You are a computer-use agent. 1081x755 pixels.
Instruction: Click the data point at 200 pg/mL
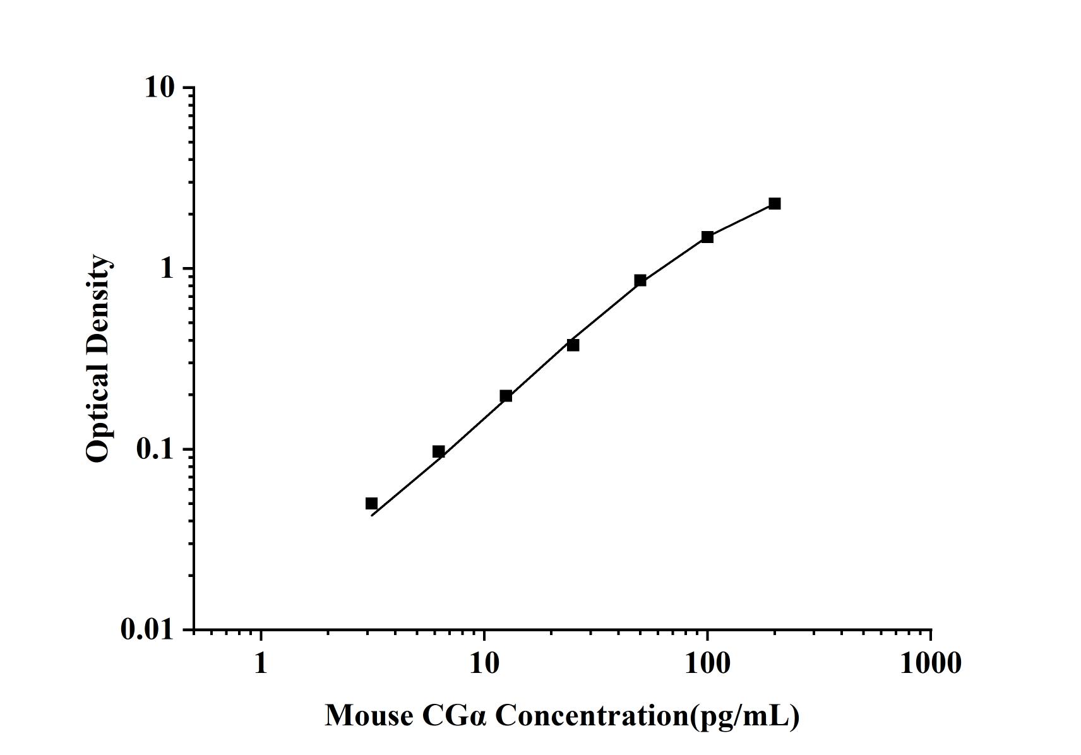point(774,203)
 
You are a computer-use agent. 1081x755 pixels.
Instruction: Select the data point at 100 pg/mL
point(707,237)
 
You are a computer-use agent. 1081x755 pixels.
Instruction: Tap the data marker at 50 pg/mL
point(640,280)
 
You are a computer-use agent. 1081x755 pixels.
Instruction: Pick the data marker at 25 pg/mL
point(573,345)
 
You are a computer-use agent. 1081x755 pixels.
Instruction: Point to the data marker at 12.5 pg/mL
point(506,396)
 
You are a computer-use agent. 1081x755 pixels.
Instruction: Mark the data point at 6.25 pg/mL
point(438,451)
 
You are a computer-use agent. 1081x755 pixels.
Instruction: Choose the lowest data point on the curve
point(371,503)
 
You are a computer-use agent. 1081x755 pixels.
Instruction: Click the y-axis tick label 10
point(159,87)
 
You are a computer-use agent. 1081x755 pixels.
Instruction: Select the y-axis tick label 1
point(166,268)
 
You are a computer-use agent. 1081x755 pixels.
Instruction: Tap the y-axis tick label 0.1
point(154,449)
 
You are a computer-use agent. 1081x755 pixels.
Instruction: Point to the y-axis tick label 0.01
point(147,629)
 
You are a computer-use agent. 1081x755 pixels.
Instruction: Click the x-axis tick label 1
point(261,663)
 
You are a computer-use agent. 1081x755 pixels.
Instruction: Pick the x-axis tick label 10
point(484,663)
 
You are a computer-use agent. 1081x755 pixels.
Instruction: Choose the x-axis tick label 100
point(707,663)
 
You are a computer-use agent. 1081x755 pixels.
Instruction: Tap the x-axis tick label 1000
point(930,663)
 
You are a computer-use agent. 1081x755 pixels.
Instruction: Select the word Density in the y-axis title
point(98,304)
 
